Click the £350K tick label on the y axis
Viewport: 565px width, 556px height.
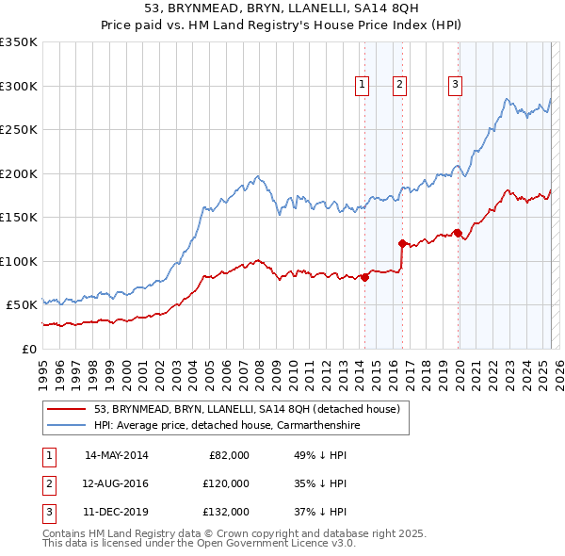point(19,42)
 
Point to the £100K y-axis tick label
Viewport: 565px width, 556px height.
point(19,261)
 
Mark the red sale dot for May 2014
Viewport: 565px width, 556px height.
point(364,277)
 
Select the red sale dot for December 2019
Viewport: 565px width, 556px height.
point(458,233)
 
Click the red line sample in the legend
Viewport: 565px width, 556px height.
point(66,409)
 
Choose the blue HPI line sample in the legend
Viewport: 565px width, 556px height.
point(66,425)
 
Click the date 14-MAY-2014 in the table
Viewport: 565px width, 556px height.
point(116,455)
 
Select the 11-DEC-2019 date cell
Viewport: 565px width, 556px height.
point(116,512)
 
